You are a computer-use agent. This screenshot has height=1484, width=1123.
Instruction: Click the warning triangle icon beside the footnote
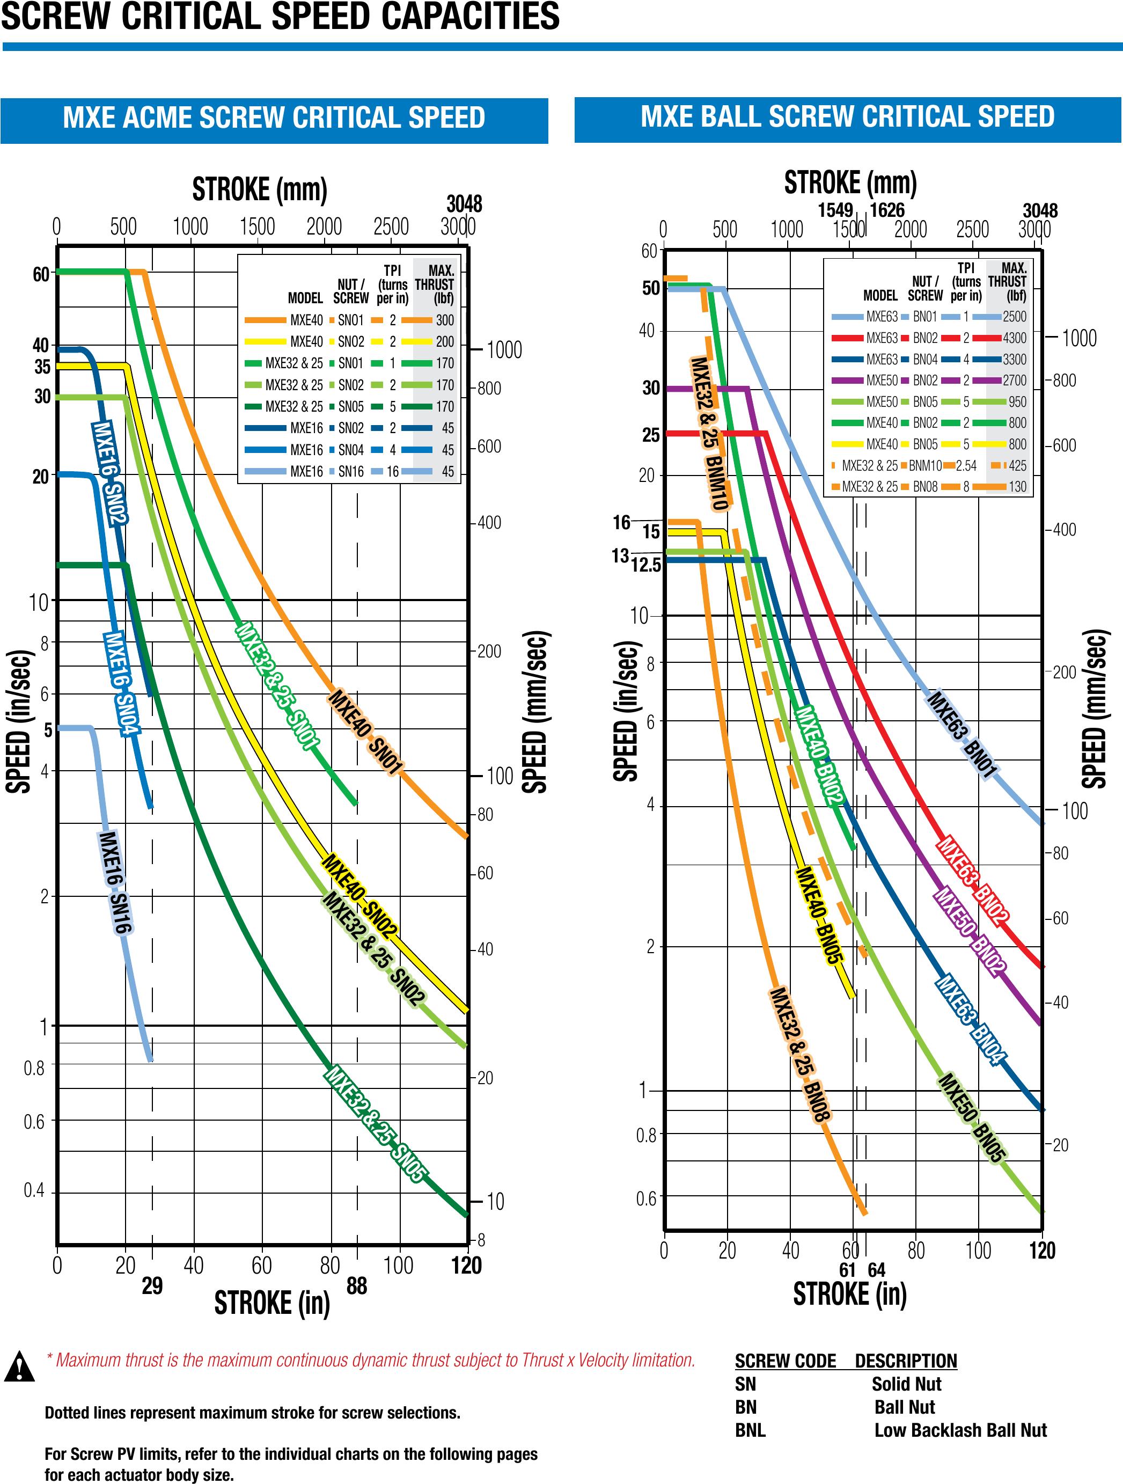pyautogui.click(x=20, y=1366)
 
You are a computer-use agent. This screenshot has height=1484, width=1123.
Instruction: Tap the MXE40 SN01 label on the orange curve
pyautogui.click(x=365, y=730)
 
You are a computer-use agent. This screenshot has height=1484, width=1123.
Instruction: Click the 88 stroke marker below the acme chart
pyautogui.click(x=357, y=1285)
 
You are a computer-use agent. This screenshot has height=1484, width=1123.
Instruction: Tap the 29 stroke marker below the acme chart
pyautogui.click(x=152, y=1285)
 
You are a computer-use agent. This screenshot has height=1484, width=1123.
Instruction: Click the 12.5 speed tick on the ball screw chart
pyautogui.click(x=646, y=565)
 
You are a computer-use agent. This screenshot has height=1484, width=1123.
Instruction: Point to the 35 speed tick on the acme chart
pyautogui.click(x=42, y=367)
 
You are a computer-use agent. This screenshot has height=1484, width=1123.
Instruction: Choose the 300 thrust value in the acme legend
pyautogui.click(x=445, y=320)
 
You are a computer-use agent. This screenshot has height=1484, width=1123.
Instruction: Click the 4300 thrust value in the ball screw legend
pyautogui.click(x=1014, y=338)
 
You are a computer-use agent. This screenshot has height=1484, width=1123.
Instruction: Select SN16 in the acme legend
pyautogui.click(x=351, y=472)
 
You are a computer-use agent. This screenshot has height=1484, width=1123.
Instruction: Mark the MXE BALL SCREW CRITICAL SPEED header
pyautogui.click(x=847, y=117)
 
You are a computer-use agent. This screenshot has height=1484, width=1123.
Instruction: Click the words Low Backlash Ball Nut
pyautogui.click(x=960, y=1430)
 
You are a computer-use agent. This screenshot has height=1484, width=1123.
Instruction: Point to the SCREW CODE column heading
pyautogui.click(x=785, y=1360)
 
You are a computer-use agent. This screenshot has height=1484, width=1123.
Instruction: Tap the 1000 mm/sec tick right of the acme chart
pyautogui.click(x=504, y=349)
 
